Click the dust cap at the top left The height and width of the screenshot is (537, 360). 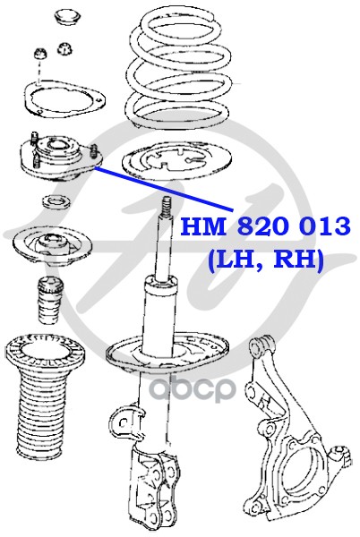[68, 17]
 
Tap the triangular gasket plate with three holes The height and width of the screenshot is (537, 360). [64, 98]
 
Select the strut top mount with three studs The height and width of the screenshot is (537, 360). [61, 158]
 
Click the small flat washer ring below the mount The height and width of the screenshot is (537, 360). [56, 201]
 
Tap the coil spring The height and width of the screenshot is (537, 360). [177, 70]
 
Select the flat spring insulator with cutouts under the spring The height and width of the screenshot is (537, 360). [176, 161]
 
